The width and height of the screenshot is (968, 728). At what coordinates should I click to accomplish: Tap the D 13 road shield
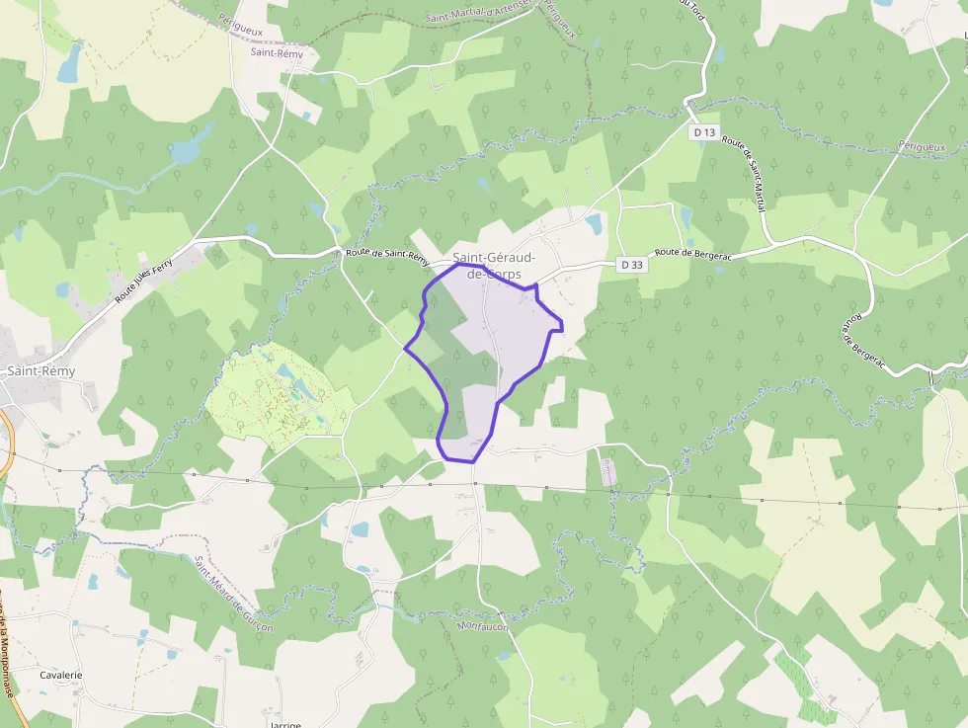point(703,131)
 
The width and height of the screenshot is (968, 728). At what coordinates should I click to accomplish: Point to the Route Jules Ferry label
point(143,278)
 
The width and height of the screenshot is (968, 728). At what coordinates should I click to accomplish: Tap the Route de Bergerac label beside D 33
point(700,254)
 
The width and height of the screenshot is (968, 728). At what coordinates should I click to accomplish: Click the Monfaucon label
point(482,626)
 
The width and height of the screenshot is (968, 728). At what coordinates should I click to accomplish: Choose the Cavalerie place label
point(61,675)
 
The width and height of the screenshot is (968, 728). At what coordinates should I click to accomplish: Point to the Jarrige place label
point(283,723)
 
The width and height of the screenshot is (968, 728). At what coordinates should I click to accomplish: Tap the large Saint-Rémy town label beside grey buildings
point(40,371)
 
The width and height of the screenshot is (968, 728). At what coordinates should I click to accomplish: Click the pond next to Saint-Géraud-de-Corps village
point(594,224)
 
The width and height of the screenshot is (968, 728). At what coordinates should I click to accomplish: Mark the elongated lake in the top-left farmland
point(69,62)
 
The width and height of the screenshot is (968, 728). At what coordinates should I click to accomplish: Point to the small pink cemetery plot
point(607,470)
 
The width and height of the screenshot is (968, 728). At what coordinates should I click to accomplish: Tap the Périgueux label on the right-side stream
point(922,147)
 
